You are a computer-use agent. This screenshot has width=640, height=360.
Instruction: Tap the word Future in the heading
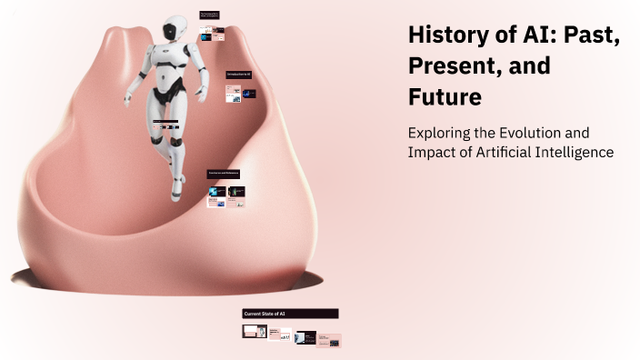click(445, 95)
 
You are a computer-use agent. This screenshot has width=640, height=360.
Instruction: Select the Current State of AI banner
click(290, 314)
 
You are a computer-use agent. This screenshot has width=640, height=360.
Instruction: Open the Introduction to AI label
click(239, 74)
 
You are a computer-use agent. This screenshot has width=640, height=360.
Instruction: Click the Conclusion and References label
click(224, 173)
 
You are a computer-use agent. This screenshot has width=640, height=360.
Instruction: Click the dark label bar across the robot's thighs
click(172, 121)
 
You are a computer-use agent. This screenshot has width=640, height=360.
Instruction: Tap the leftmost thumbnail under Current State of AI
click(255, 331)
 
